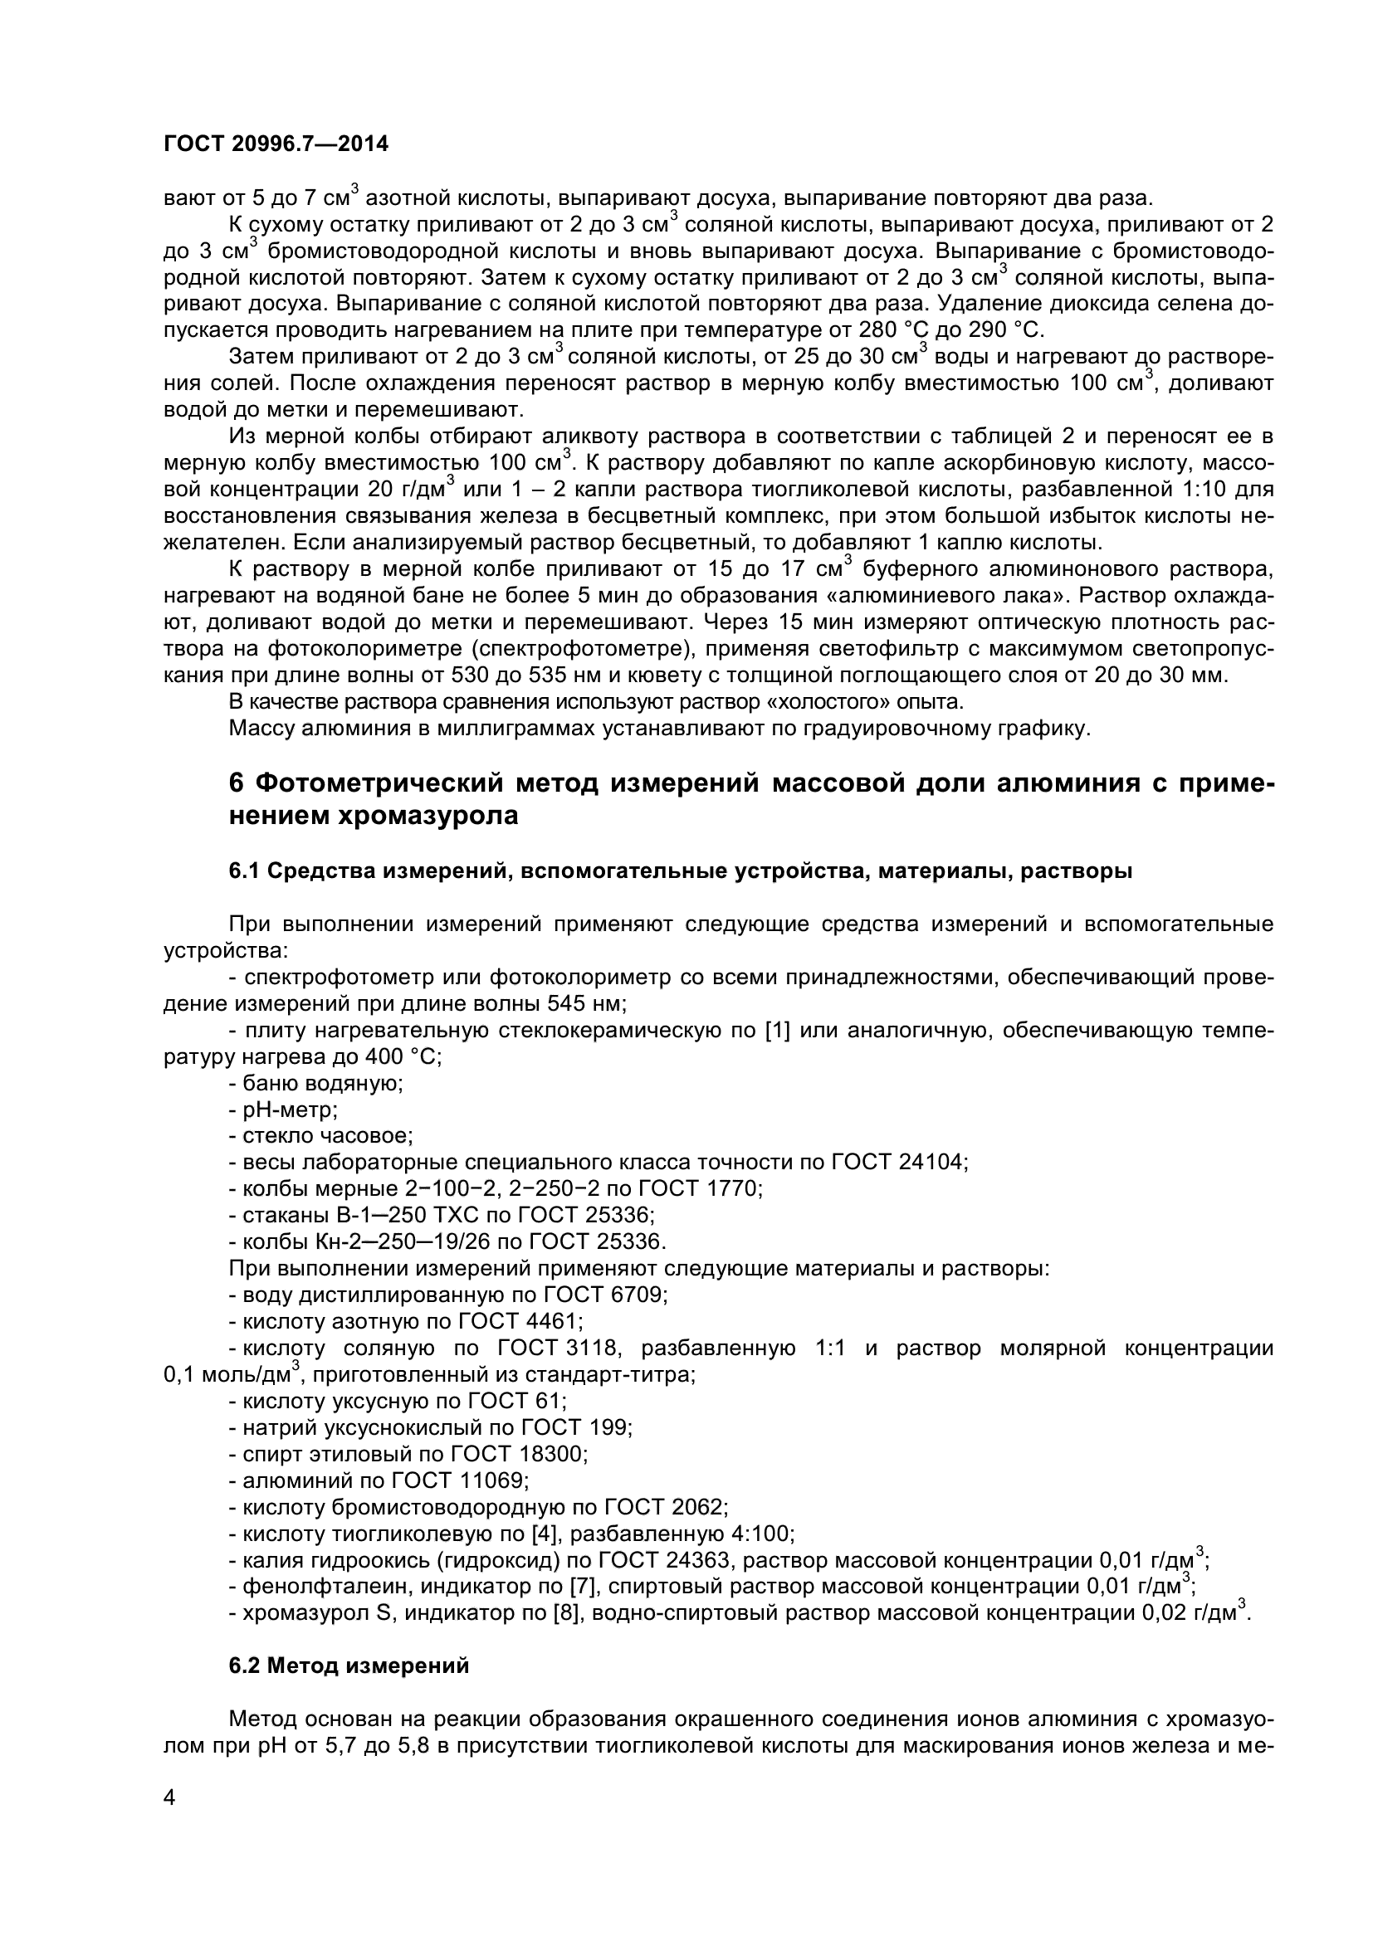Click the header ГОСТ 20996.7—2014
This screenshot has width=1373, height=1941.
tap(276, 144)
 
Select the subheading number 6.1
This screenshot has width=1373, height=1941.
tap(245, 871)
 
